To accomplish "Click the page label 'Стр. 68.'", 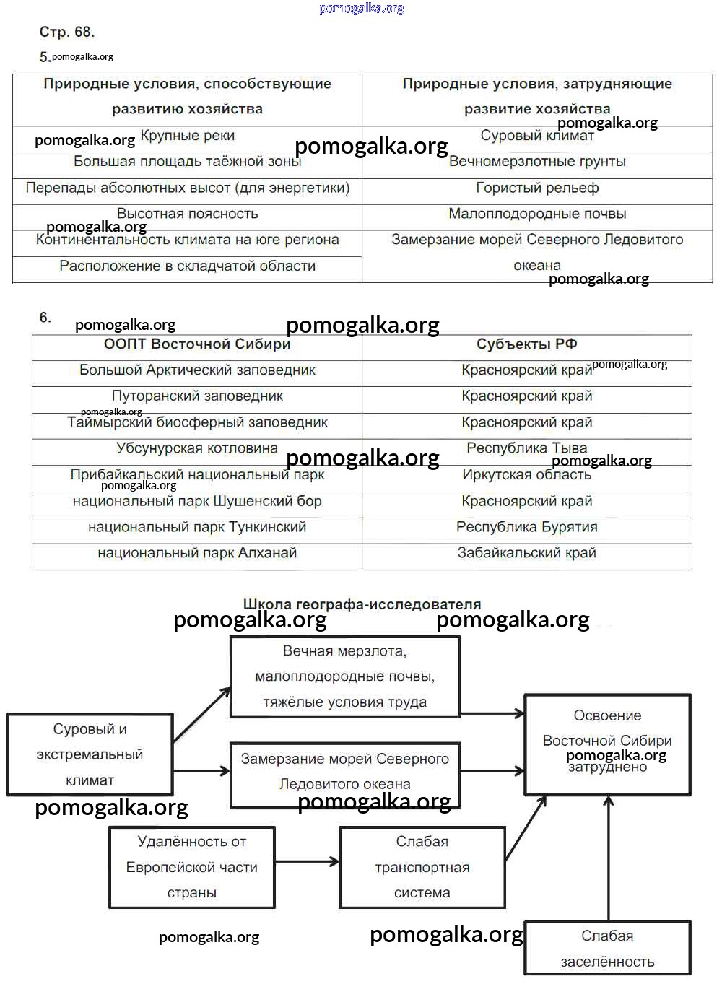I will tap(67, 32).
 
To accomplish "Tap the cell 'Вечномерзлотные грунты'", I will tap(537, 162).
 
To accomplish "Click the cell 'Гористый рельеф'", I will tap(537, 188).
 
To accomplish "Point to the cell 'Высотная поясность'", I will tap(187, 214).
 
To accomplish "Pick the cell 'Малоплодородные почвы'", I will tap(537, 214).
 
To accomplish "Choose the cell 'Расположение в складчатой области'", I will tap(187, 266).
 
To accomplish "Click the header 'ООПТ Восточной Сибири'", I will tap(197, 344).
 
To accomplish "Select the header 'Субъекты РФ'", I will tap(527, 344).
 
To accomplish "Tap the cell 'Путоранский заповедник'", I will tap(197, 396).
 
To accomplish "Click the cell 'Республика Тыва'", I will tap(527, 448).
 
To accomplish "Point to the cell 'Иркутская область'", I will tap(527, 475).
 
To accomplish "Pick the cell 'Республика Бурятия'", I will tap(527, 527).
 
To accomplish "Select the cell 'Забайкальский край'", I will tap(527, 553).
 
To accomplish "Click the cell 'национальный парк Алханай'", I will tap(197, 553).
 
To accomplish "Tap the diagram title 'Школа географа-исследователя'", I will tap(362, 604).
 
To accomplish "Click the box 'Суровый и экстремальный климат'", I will tap(90, 754).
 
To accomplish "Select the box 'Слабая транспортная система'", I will tap(422, 867).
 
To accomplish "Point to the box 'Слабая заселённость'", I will tap(607, 948).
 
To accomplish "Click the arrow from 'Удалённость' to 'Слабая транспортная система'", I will tap(307, 861).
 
